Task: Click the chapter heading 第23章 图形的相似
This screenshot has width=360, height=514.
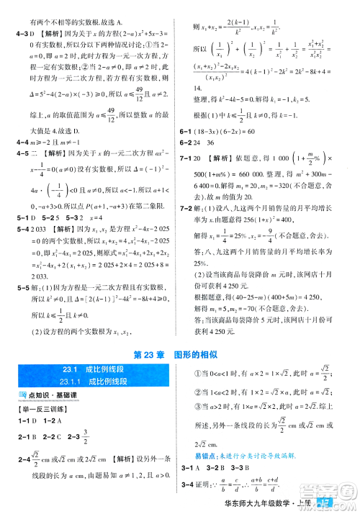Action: tap(181, 353)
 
